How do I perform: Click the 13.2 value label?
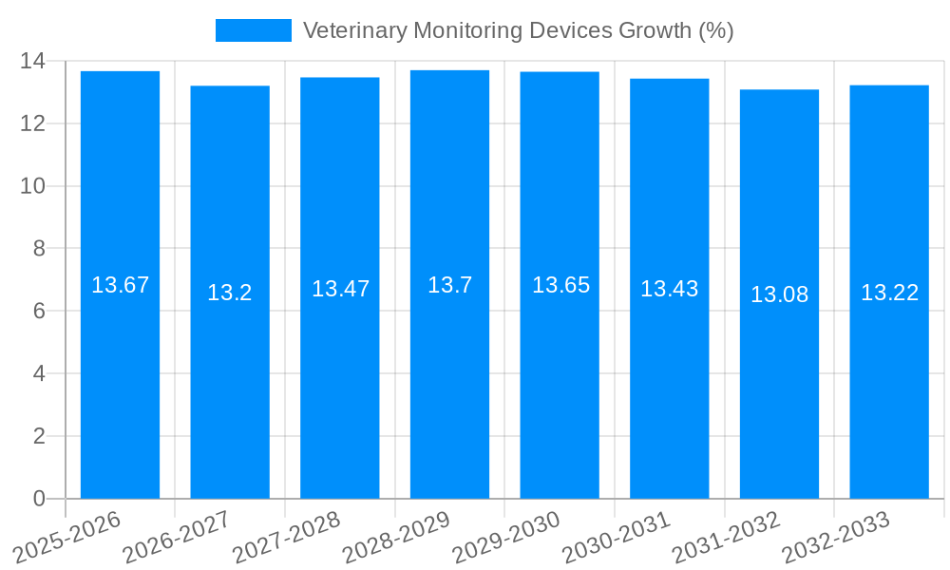pos(230,293)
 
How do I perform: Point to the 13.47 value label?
pos(340,289)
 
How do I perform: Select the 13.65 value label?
pos(560,285)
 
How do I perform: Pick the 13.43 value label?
pos(669,289)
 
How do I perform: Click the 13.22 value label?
pos(889,293)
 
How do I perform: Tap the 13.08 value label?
pos(779,294)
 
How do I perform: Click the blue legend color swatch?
pos(253,30)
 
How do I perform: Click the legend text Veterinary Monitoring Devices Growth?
pos(518,30)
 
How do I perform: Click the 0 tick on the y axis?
pos(39,499)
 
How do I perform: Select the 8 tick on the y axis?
pos(39,249)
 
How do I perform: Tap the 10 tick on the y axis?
pos(32,186)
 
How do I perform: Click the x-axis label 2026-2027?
pos(177,538)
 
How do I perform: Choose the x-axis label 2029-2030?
pos(506,538)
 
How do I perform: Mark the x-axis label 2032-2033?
pos(836,538)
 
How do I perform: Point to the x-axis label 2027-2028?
pos(287,538)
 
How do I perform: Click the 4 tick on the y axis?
pos(39,373)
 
